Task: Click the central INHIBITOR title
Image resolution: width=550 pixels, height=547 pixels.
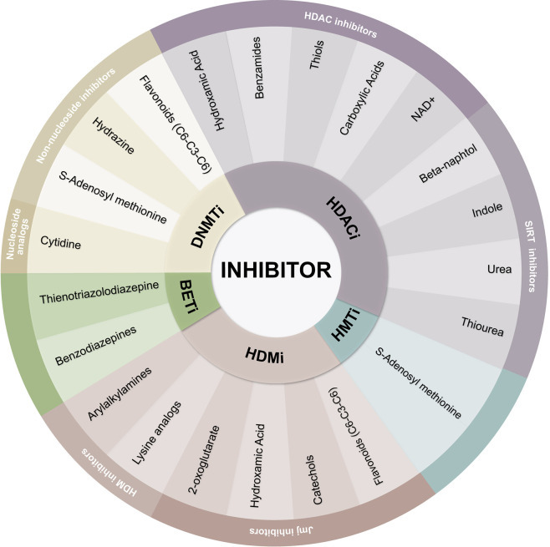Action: [x=276, y=270]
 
